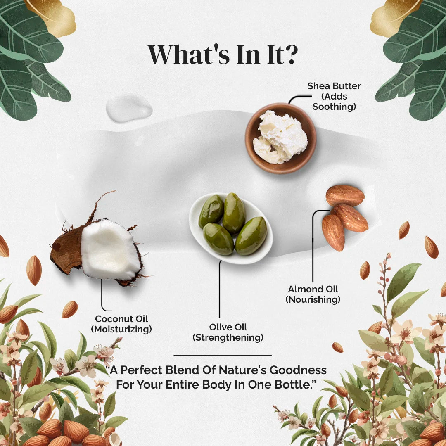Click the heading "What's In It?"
223,54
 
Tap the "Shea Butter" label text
334,86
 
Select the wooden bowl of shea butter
281,138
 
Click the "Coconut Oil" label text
121,319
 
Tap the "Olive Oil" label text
228,327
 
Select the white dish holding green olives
231,228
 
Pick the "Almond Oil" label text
313,289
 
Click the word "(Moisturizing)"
121,330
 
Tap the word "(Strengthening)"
228,338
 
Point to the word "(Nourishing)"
313,299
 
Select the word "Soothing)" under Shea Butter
334,107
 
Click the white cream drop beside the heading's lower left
129,108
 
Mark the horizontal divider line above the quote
223,356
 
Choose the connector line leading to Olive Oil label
220,289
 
